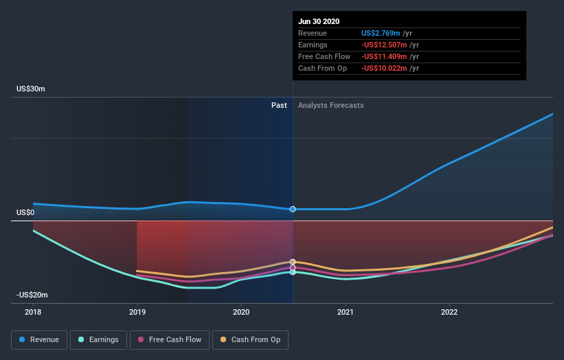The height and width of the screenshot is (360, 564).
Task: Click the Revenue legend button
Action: [x=40, y=339]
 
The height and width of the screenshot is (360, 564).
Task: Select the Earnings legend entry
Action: [x=98, y=339]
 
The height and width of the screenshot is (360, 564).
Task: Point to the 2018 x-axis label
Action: [x=33, y=312]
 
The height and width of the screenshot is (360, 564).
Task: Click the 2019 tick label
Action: [x=137, y=312]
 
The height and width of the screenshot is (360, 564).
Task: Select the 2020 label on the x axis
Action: [x=241, y=312]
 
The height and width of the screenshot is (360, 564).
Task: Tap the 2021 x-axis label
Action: [x=346, y=312]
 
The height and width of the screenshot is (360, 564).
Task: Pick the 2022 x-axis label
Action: [x=449, y=312]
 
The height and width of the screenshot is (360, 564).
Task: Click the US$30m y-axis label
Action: [x=31, y=89]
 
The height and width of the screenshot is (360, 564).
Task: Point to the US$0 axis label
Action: [x=25, y=213]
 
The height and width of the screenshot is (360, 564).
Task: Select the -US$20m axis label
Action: [x=32, y=295]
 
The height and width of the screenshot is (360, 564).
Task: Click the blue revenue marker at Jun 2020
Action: [x=293, y=209]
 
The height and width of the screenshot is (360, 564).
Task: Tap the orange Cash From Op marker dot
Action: [x=293, y=262]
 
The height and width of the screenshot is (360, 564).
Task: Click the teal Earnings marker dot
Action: [x=293, y=272]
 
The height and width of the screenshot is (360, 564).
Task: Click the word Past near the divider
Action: [x=279, y=105]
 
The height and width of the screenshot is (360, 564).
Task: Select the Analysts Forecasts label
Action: [x=330, y=105]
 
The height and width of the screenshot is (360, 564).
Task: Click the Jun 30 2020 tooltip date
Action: [x=319, y=21]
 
